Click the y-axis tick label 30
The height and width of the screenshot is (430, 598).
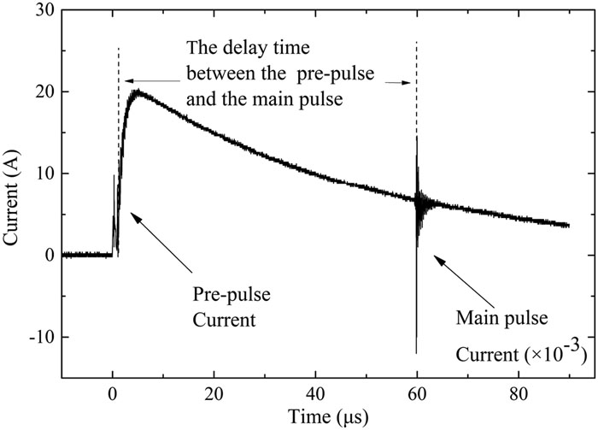pos(41,10)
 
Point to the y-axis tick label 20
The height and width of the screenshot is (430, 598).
pos(41,91)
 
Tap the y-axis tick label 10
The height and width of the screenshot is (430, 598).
pos(41,174)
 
